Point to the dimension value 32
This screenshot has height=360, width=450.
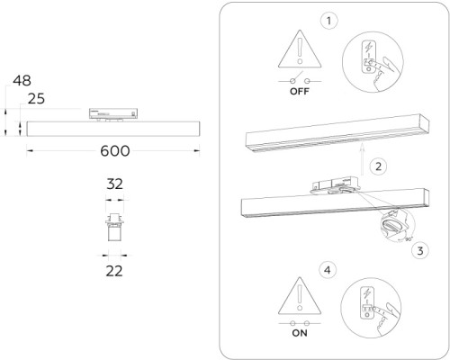114,184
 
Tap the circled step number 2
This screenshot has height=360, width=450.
380,166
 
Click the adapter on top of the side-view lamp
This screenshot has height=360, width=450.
112,113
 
